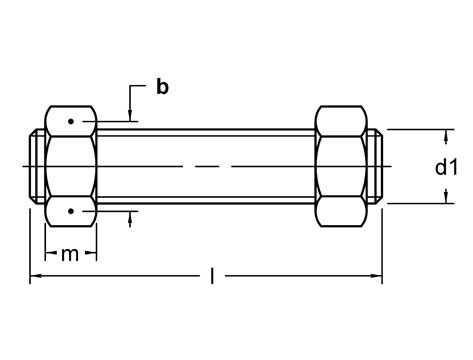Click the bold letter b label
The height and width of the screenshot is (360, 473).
(162, 87)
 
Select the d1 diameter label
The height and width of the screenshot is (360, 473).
(446, 167)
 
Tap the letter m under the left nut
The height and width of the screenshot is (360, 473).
(68, 256)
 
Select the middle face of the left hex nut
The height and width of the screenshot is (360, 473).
(70, 166)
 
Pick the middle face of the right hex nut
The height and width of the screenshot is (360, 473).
(342, 166)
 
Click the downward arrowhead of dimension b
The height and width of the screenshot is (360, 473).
(130, 121)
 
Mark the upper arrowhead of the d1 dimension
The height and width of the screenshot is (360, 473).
(446, 134)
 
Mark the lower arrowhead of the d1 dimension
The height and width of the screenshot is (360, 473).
(446, 198)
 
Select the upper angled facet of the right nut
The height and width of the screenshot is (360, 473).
(342, 121)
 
